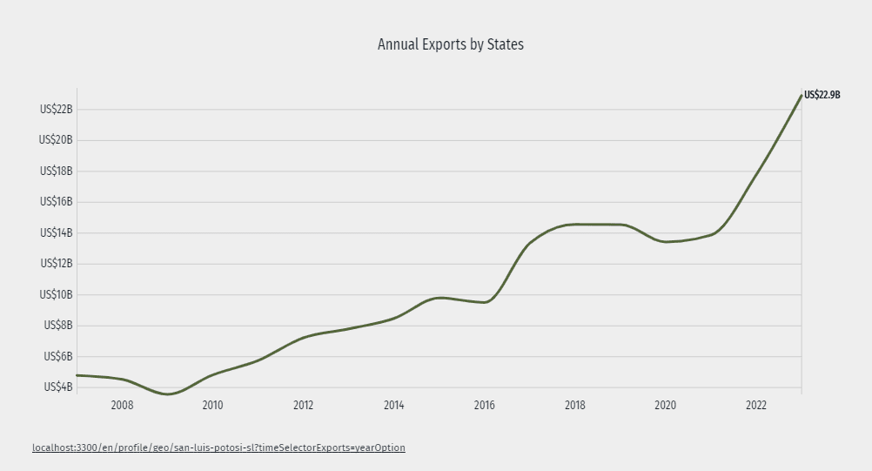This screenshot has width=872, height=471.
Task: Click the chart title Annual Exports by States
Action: [x=450, y=44]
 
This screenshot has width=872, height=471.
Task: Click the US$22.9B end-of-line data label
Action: [x=822, y=95]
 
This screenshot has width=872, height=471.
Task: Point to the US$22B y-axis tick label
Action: [x=56, y=110]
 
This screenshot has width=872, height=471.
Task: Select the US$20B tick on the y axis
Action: [x=56, y=140]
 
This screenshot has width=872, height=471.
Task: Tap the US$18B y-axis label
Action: [x=56, y=172]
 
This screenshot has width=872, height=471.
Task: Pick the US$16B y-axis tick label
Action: [x=56, y=202]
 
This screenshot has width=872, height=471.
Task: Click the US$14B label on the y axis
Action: [x=56, y=233]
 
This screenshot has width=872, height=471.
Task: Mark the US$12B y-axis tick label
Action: [x=56, y=264]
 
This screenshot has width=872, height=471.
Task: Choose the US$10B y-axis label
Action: [x=56, y=295]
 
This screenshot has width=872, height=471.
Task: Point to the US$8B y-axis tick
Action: [x=57, y=326]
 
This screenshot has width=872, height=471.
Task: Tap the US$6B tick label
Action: [x=57, y=357]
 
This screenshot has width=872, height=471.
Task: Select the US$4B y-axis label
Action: [x=57, y=387]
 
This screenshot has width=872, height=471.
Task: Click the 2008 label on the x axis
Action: [x=122, y=406]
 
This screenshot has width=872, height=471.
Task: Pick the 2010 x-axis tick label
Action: [x=212, y=406]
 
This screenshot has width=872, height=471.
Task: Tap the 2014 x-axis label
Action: [x=393, y=406]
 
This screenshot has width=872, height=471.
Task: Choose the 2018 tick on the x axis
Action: [x=574, y=406]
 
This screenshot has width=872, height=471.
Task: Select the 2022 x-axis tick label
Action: [x=755, y=406]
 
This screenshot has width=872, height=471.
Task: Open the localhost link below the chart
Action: [x=218, y=447]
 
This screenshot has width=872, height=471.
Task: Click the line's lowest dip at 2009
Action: [x=167, y=394]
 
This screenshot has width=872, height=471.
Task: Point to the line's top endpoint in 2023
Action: [x=801, y=95]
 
